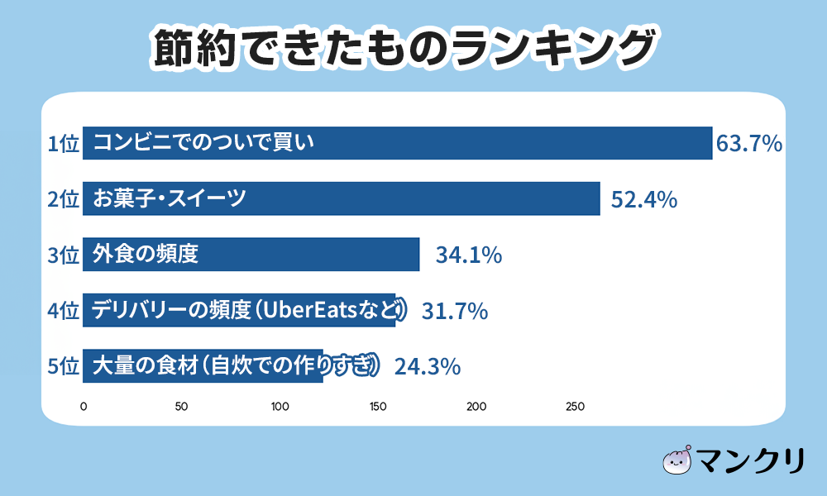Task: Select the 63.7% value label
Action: point(749,144)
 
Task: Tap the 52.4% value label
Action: point(644,199)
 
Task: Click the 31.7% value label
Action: point(455,311)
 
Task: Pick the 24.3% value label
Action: point(427,365)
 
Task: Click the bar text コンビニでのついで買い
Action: point(203,143)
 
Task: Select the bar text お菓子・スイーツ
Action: point(170,198)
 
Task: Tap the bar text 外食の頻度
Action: point(146,254)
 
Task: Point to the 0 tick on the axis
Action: point(84,407)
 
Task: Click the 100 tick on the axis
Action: point(280,407)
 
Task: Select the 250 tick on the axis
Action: point(575,407)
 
